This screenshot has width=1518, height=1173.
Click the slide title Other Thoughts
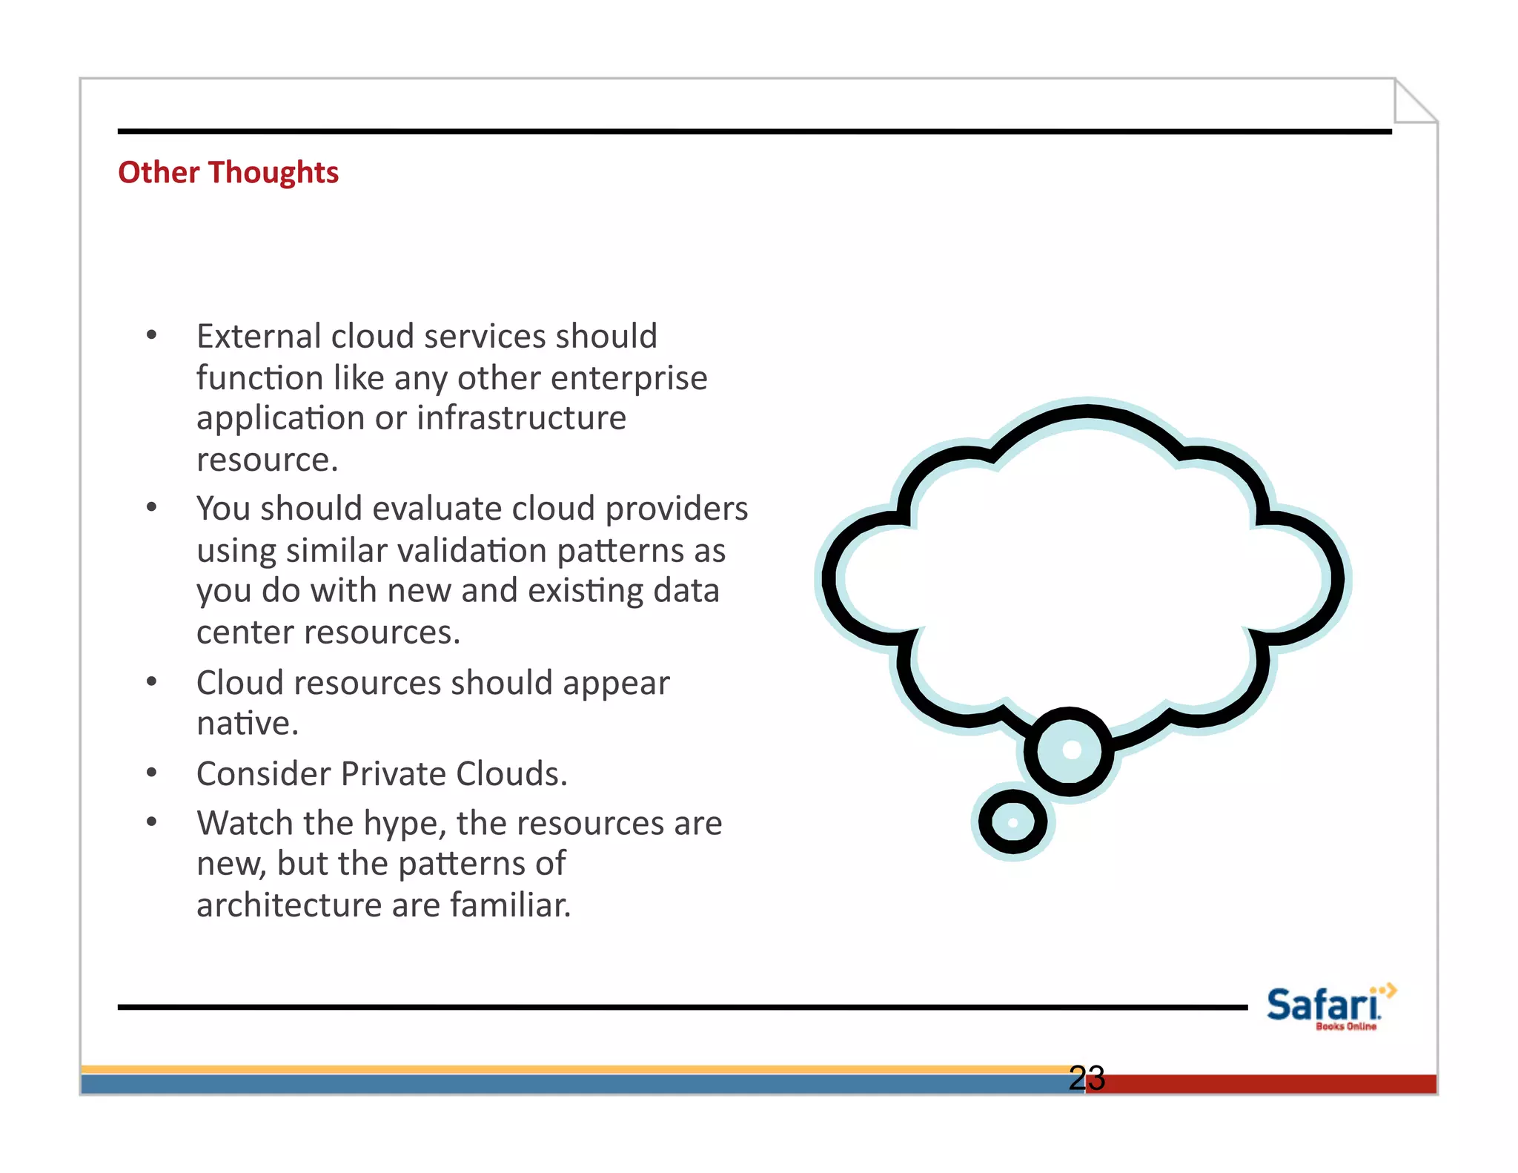pyautogui.click(x=228, y=173)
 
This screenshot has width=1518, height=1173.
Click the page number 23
pyautogui.click(x=1087, y=1077)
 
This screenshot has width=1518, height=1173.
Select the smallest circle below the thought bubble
pyautogui.click(x=1012, y=822)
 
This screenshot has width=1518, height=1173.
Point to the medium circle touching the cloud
pyautogui.click(x=1070, y=750)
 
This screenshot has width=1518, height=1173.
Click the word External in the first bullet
pyautogui.click(x=259, y=336)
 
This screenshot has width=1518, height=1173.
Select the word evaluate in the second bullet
pyautogui.click(x=437, y=509)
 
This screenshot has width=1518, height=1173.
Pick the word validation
pyautogui.click(x=472, y=551)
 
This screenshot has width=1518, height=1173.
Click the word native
pyautogui.click(x=246, y=724)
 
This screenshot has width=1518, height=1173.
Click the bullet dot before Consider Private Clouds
pyautogui.click(x=152, y=773)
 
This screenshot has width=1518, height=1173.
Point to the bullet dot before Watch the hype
pyautogui.click(x=152, y=822)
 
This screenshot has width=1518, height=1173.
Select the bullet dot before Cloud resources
pyautogui.click(x=152, y=682)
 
